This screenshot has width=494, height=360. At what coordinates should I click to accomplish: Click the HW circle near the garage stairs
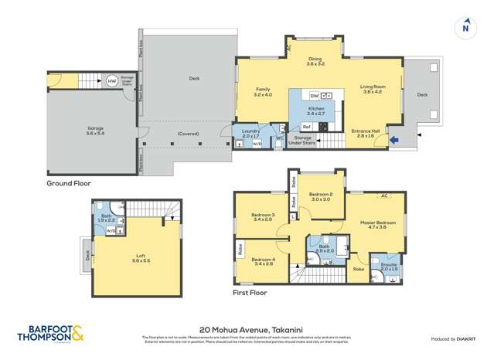tap(112, 80)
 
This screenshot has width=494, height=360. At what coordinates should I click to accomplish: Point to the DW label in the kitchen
tap(314, 95)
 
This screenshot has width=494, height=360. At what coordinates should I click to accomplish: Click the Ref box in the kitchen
tap(306, 126)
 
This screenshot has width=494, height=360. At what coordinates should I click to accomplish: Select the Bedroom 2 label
tap(320, 196)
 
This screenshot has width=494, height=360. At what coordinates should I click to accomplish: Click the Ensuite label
tap(386, 267)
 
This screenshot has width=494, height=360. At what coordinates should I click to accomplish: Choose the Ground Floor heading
tap(69, 184)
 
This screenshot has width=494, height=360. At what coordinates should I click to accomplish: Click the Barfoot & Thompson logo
tap(53, 333)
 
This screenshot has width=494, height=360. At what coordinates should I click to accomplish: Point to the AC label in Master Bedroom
tap(384, 196)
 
